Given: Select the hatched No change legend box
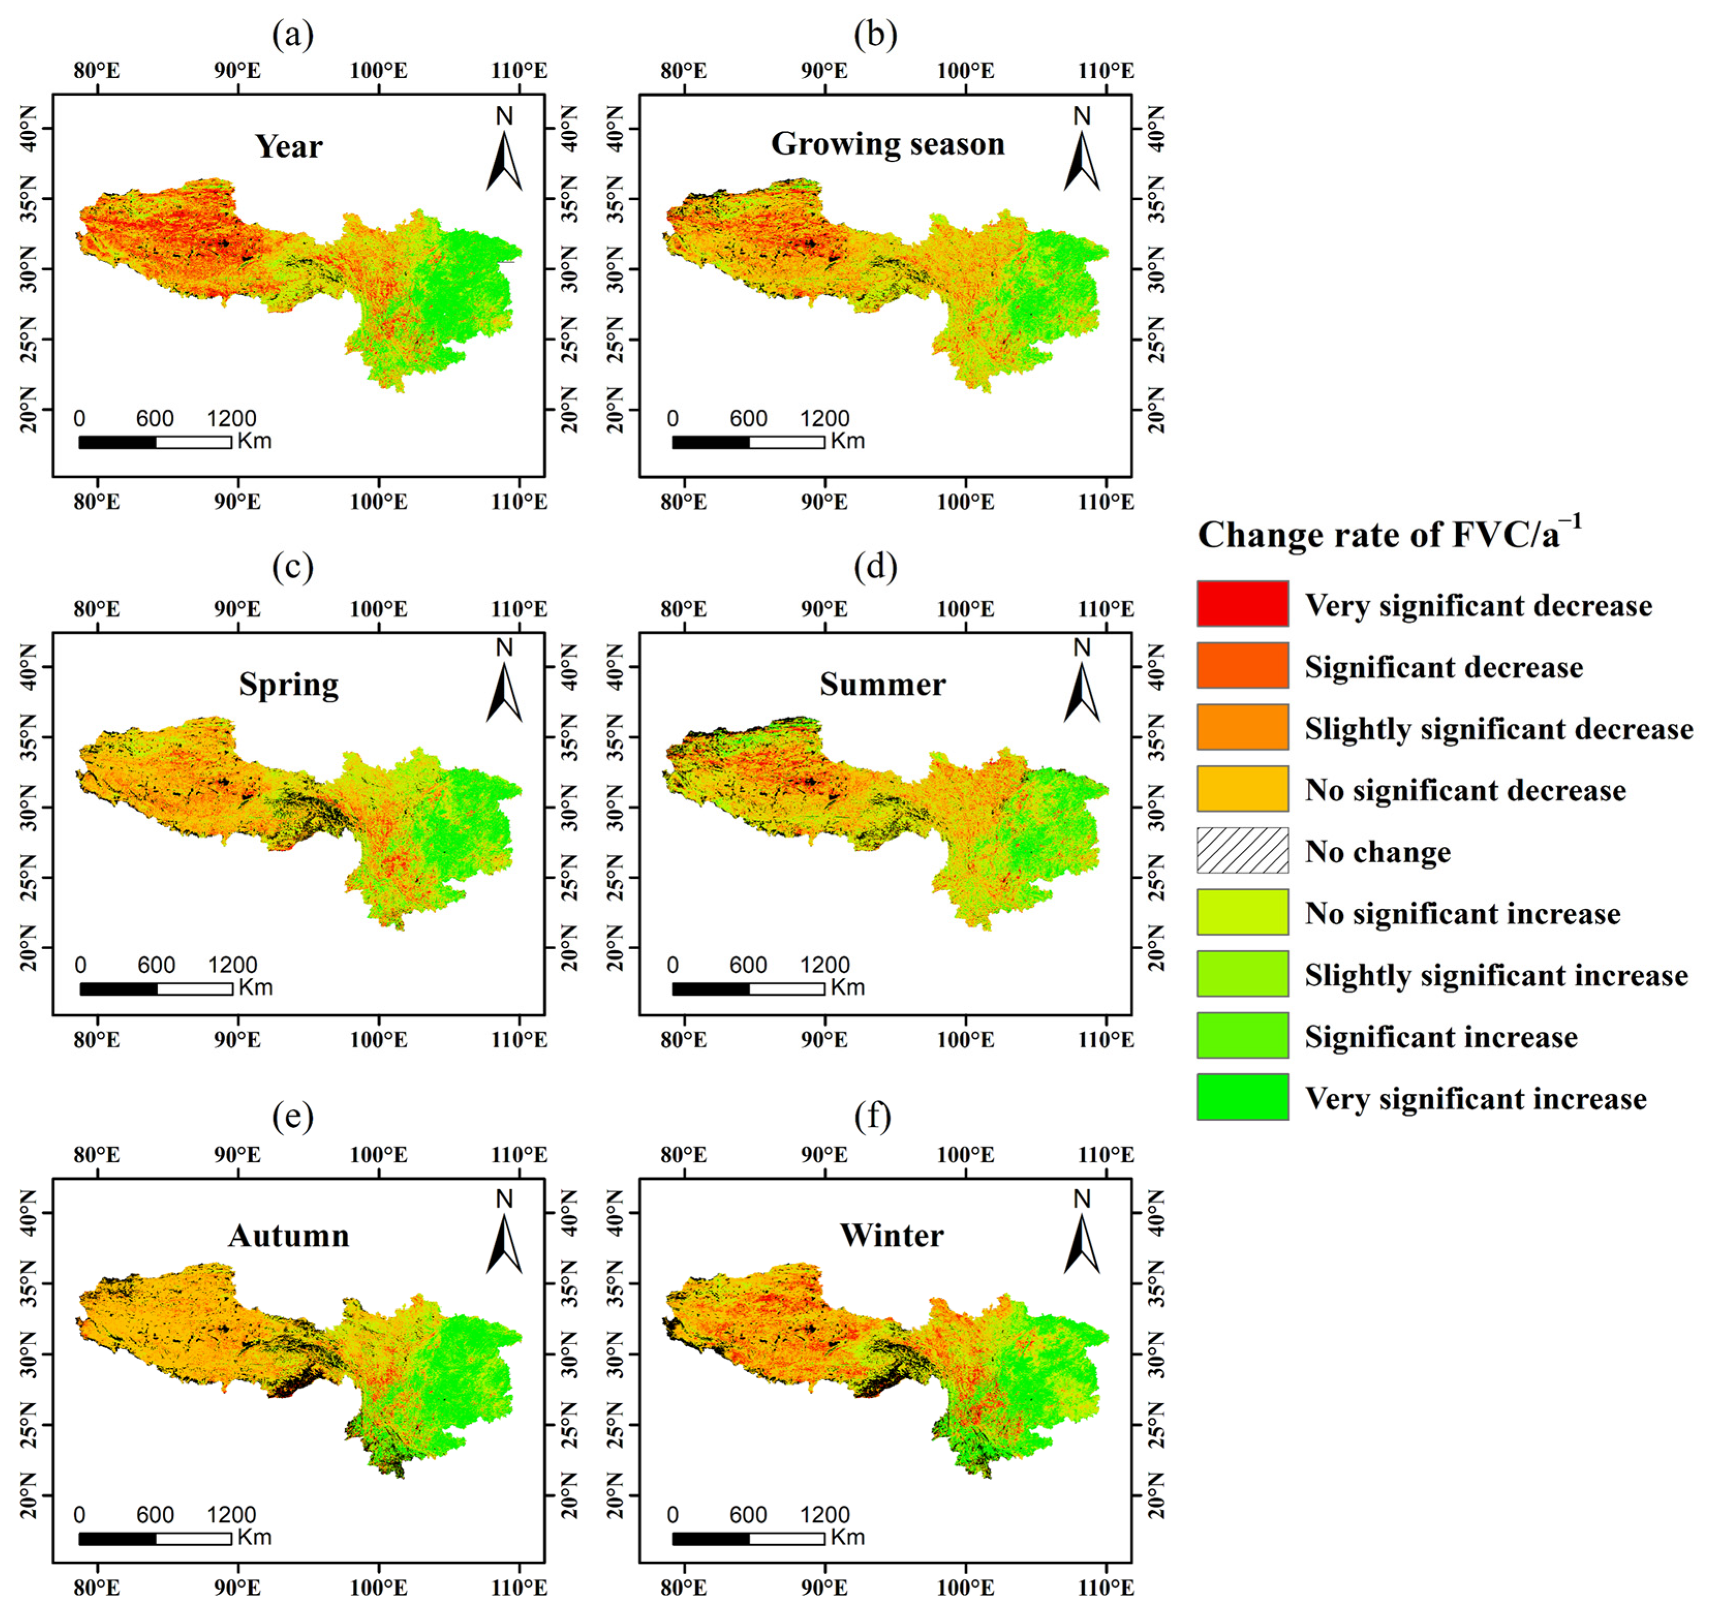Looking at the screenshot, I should [1242, 850].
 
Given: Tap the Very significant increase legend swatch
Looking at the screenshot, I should [1242, 1097].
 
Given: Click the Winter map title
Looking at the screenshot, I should [891, 1235].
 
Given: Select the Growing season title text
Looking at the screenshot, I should [887, 144].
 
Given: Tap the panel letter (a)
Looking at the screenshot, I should [292, 35].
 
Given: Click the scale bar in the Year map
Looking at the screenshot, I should [155, 441].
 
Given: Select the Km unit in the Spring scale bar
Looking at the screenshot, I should [256, 987].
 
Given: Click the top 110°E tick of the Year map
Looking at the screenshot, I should [519, 71].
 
